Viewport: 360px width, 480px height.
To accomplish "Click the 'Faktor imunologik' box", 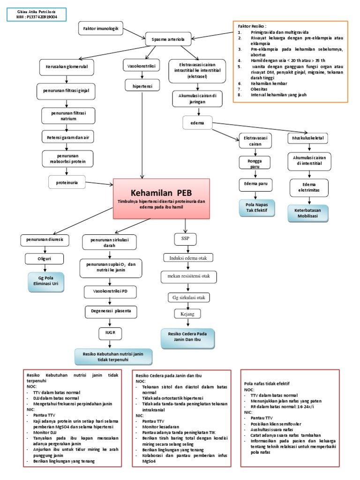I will pyautogui.click(x=101, y=29).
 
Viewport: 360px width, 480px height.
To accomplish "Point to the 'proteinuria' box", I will pyautogui.click(x=67, y=182).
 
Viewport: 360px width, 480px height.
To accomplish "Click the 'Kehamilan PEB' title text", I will pyautogui.click(x=161, y=193).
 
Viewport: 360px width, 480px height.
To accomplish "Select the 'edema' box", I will pyautogui.click(x=197, y=123).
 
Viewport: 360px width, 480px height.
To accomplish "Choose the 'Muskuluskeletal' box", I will pyautogui.click(x=307, y=139).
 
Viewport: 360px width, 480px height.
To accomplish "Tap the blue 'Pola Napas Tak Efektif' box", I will pyautogui.click(x=256, y=207).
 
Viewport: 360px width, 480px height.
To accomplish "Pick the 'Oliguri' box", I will pyautogui.click(x=45, y=258).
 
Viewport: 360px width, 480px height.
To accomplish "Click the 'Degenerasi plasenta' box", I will pyautogui.click(x=111, y=311).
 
